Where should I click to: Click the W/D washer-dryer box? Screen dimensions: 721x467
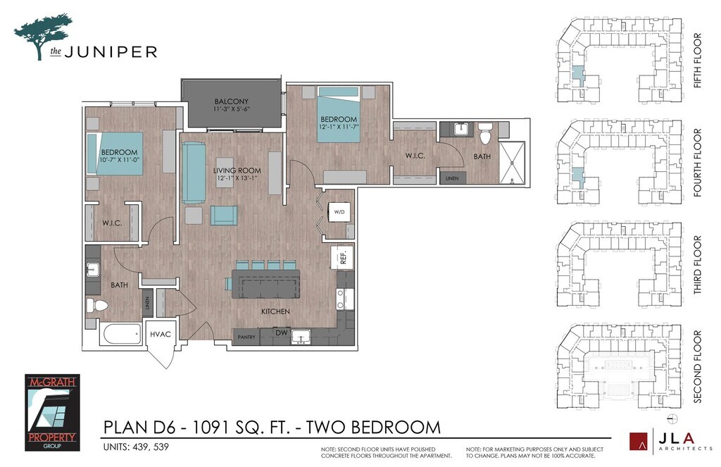[x=339, y=212]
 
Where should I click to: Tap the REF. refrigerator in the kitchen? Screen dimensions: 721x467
[x=342, y=258]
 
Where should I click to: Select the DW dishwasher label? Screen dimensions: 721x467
[x=282, y=332]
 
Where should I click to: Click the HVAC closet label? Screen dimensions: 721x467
[x=160, y=335]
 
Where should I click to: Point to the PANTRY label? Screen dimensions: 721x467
[x=246, y=337]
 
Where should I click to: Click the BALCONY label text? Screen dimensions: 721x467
[x=231, y=101]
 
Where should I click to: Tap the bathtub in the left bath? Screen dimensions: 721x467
[x=121, y=334]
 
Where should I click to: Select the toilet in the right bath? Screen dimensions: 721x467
[x=486, y=133]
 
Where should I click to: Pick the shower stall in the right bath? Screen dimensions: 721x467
[x=512, y=163]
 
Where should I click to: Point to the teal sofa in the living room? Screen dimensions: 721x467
[x=194, y=173]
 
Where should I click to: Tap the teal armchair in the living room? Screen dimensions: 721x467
[x=224, y=216]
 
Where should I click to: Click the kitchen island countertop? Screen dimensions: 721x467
[x=265, y=284]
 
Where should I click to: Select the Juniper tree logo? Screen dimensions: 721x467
[x=43, y=37]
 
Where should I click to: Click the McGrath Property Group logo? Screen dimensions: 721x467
[x=52, y=412]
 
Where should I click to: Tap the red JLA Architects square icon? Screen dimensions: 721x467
[x=639, y=442]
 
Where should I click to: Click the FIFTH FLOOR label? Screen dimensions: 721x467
[x=698, y=61]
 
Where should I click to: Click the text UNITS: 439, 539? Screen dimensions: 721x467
[x=136, y=447]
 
